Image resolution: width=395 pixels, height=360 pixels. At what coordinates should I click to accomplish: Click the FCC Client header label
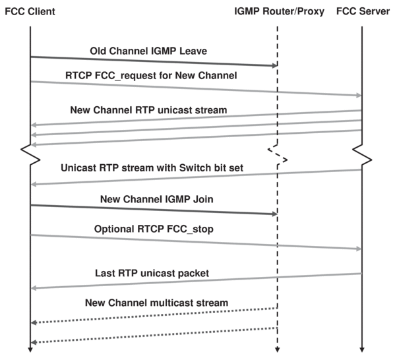[30, 12]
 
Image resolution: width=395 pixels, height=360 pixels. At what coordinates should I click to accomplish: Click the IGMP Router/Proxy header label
[279, 12]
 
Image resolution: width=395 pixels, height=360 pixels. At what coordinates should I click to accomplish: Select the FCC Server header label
[363, 11]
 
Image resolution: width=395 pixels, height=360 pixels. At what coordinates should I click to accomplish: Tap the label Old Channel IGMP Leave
[148, 51]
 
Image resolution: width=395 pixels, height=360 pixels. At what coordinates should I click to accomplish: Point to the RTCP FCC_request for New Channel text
[151, 76]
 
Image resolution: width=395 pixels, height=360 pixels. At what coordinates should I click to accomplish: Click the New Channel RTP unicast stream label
[148, 110]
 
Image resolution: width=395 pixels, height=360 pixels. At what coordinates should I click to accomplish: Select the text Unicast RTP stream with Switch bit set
[152, 167]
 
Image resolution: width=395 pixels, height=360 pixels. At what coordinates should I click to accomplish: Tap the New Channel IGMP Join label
[157, 199]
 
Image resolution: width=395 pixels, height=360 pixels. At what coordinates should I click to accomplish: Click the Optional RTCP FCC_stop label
[154, 229]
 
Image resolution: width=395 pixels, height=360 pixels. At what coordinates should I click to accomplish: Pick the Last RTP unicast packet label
[152, 273]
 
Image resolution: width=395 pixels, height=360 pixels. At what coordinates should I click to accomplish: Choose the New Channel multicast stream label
[156, 303]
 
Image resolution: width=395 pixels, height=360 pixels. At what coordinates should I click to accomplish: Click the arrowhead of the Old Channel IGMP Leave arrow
[275, 66]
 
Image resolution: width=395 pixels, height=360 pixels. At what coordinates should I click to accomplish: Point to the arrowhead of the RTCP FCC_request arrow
[359, 95]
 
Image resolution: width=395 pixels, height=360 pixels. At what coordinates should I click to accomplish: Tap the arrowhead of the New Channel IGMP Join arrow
[275, 214]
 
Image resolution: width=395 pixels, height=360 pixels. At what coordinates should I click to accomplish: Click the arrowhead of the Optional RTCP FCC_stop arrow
[359, 249]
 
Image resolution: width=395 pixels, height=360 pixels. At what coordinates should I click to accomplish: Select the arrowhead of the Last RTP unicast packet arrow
[34, 288]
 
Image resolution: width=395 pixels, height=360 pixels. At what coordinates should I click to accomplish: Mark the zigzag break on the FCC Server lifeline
[362, 155]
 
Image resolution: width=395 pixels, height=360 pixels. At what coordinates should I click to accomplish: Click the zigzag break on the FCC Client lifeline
[30, 155]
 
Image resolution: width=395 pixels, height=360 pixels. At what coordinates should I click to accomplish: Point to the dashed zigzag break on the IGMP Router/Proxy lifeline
[278, 155]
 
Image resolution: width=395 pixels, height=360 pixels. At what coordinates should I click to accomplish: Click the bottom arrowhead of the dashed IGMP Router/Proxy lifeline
[278, 349]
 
